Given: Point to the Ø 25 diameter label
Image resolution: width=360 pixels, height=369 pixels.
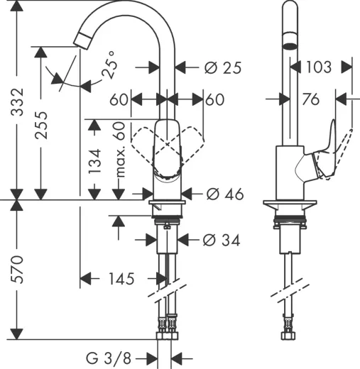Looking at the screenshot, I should click(x=222, y=68).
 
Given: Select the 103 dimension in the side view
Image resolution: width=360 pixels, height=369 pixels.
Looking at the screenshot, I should click(x=319, y=67).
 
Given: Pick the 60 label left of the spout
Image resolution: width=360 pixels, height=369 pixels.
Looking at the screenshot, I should click(x=119, y=100).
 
